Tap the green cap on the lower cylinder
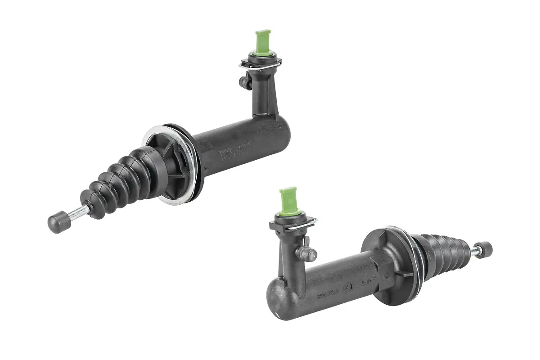point(288,200)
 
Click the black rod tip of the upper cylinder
point(57,222)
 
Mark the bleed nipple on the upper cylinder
point(245,81)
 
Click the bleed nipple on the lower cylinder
point(309,253)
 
